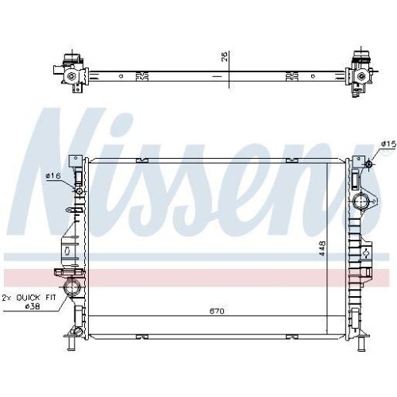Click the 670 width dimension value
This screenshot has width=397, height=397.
[x=217, y=311]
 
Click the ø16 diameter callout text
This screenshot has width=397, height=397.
[x=53, y=175]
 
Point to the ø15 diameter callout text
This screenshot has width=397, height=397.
[x=387, y=143]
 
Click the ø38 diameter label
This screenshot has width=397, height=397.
[x=33, y=306]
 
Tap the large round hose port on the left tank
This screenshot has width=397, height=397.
[x=72, y=287]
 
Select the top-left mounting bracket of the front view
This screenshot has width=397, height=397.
[x=75, y=161]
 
